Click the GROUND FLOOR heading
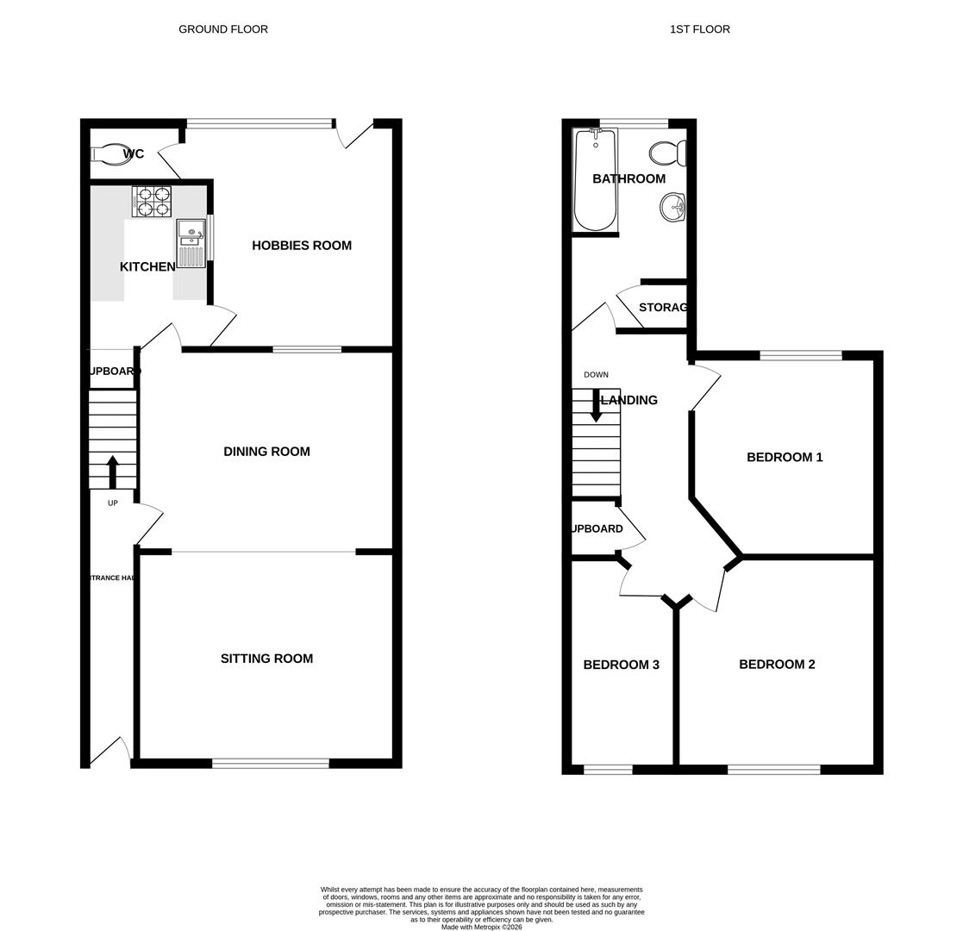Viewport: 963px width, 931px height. tap(223, 29)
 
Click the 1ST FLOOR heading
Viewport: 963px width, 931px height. tap(699, 29)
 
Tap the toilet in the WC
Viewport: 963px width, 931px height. tap(111, 154)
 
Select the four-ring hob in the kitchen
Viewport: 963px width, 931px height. tap(152, 202)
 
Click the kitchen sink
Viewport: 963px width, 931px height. tap(191, 242)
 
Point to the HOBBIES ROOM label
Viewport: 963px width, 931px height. tap(302, 246)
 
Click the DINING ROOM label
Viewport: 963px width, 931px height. tap(266, 452)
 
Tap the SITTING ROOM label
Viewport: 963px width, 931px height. tap(266, 659)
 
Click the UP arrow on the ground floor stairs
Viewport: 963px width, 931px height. tap(113, 472)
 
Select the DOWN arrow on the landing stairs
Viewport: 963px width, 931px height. tap(596, 405)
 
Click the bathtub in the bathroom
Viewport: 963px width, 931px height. tap(595, 181)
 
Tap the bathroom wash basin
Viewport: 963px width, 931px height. tap(673, 207)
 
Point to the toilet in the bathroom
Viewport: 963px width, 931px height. tap(668, 153)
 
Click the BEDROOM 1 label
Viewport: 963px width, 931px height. tap(785, 458)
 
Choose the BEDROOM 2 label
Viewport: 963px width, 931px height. tap(777, 665)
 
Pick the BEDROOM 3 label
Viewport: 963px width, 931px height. tap(621, 665)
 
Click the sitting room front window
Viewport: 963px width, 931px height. tap(271, 763)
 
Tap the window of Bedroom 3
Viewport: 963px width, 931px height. tap(608, 769)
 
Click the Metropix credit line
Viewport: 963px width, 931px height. tap(481, 927)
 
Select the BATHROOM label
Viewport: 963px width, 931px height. tap(628, 179)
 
